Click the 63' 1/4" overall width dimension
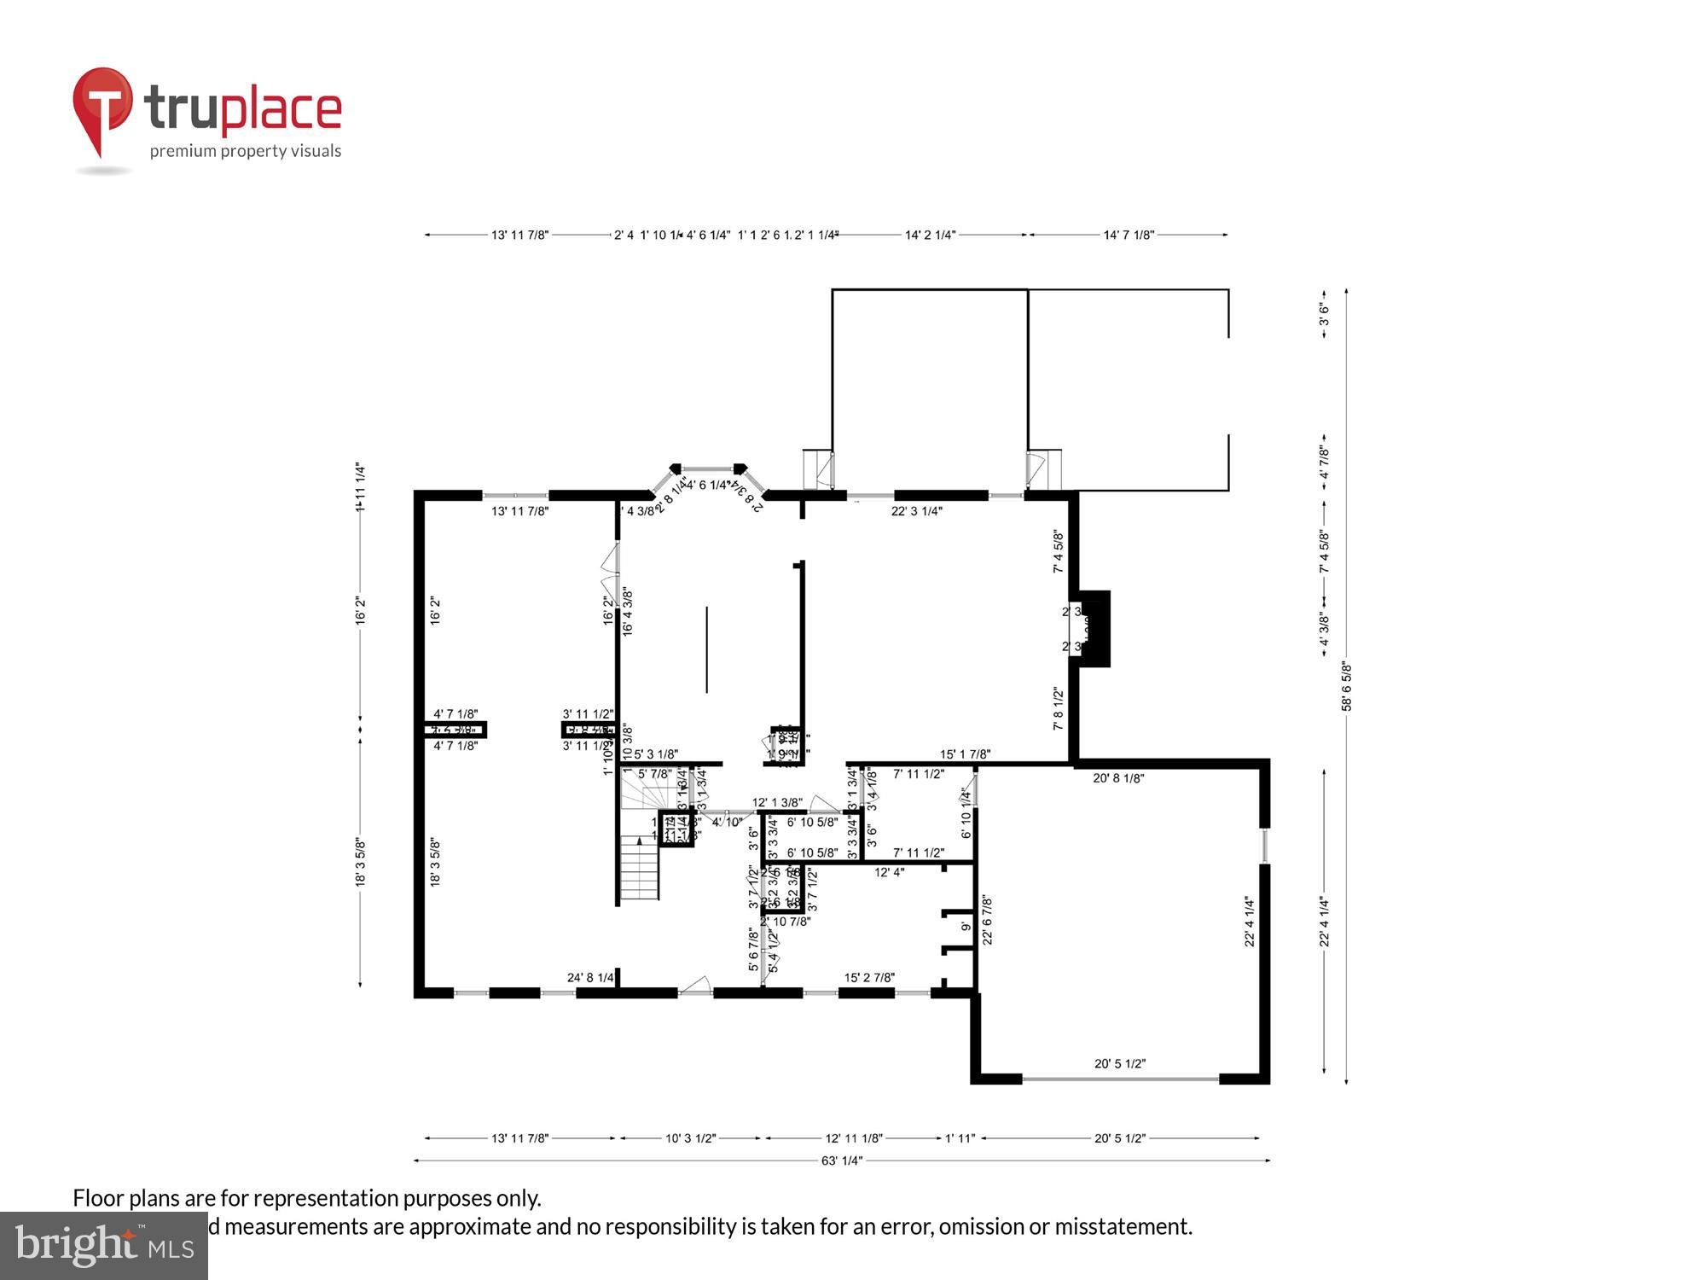841,1161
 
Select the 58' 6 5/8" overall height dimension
1347,686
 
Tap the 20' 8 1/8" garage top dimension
1118,778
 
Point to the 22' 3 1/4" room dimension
916,511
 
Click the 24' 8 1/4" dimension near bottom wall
590,978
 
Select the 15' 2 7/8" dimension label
869,978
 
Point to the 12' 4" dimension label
889,872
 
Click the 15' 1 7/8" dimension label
965,754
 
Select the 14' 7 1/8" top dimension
1129,235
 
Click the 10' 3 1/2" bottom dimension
690,1138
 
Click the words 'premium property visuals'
246,152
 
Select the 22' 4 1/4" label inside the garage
1249,922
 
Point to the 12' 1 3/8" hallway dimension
777,802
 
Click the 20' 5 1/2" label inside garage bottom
1120,1063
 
